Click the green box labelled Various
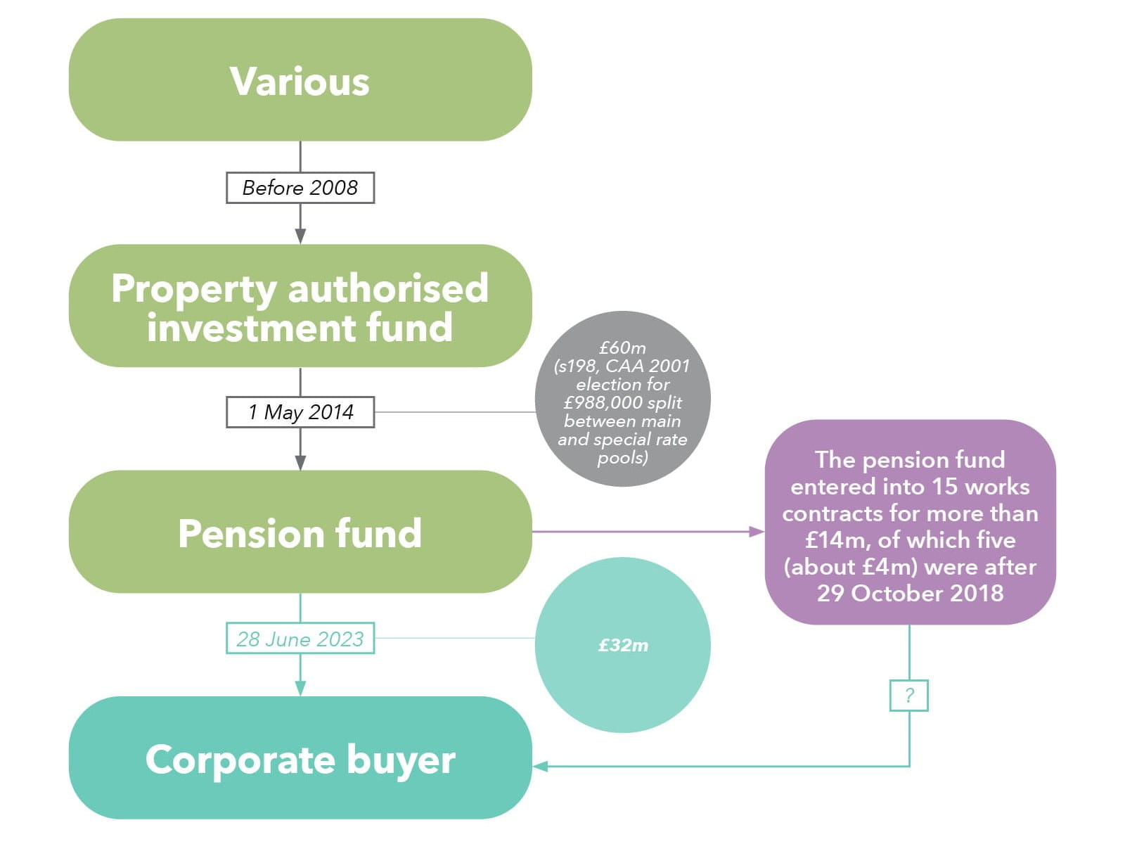tap(300, 80)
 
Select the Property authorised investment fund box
tap(300, 307)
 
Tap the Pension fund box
tap(300, 532)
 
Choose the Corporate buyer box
tap(300, 758)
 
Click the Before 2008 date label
tap(300, 188)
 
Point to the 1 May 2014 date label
tap(300, 412)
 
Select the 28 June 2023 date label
tap(300, 639)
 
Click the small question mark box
tap(909, 696)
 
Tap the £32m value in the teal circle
tap(623, 645)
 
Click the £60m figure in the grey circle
tap(622, 347)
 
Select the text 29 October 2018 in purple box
tap(910, 593)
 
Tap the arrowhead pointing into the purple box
tap(757, 532)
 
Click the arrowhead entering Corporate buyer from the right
tap(540, 766)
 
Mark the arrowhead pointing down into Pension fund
tap(300, 462)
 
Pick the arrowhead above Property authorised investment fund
tap(300, 236)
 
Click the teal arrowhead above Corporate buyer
tap(300, 688)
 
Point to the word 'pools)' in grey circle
tap(622, 458)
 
